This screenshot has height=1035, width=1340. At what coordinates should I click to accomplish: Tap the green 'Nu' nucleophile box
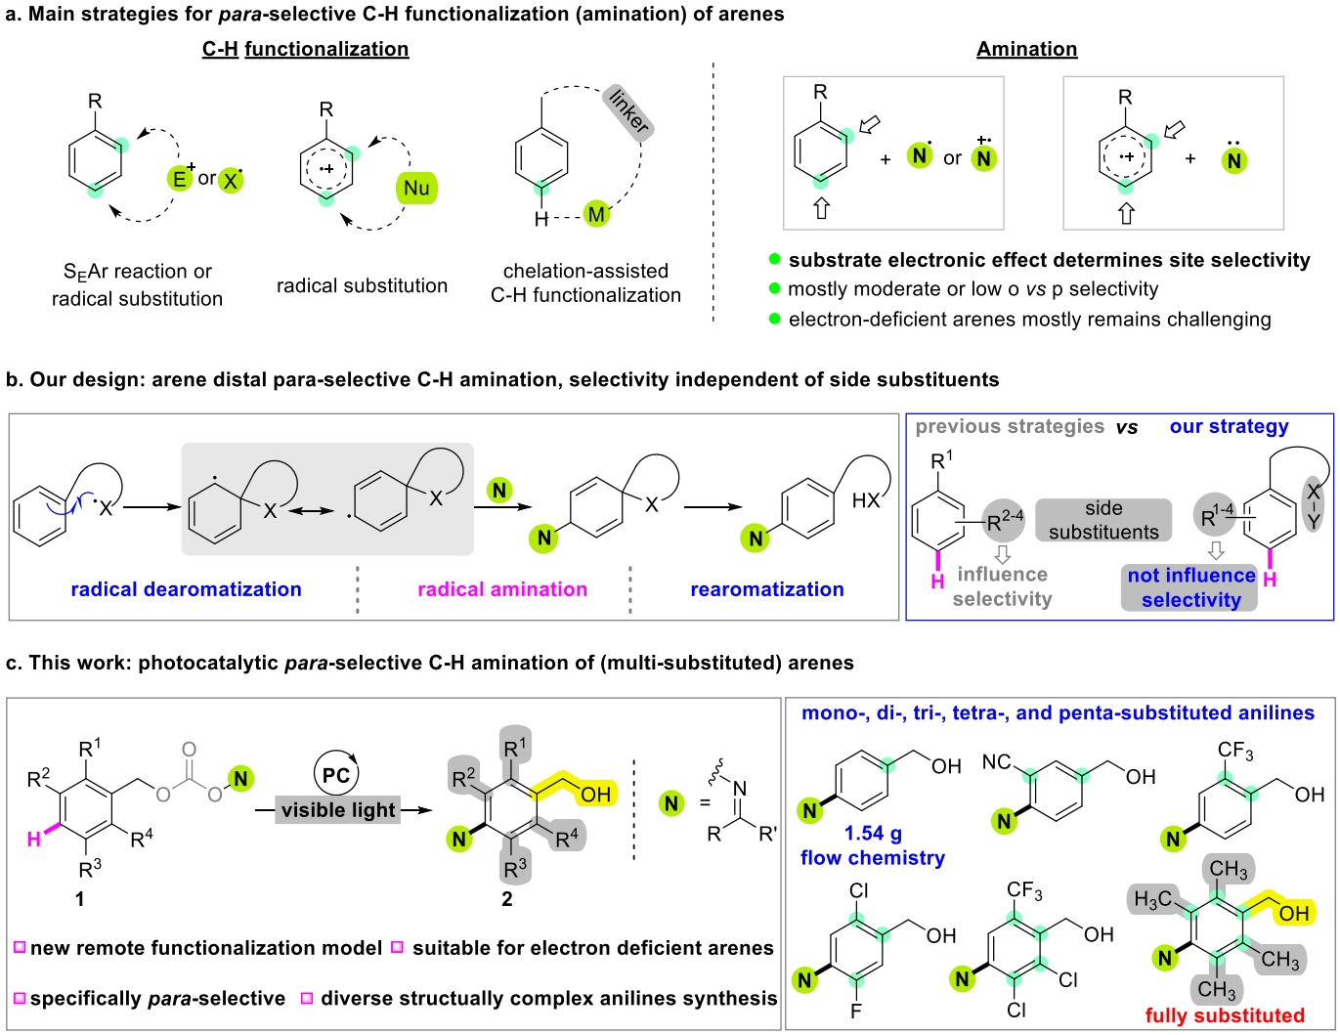click(x=416, y=189)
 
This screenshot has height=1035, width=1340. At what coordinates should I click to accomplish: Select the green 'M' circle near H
click(x=596, y=214)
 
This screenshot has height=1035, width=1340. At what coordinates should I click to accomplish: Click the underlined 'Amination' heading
click(x=1026, y=49)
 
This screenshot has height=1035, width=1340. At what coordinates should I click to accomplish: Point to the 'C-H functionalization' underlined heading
click(x=305, y=49)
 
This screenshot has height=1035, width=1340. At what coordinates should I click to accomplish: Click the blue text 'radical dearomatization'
click(x=186, y=589)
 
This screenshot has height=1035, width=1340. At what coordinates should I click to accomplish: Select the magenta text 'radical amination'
click(x=502, y=589)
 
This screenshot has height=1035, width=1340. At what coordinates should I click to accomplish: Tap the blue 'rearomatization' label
click(x=767, y=589)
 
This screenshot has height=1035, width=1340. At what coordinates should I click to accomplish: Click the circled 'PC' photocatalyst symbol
click(x=336, y=775)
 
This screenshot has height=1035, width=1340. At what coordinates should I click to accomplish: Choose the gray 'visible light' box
click(x=338, y=809)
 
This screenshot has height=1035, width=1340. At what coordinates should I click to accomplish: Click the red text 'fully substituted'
click(x=1225, y=1015)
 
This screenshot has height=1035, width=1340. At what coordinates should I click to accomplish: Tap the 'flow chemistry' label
click(x=873, y=858)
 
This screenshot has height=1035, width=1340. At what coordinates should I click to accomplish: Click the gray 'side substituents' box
click(x=1103, y=520)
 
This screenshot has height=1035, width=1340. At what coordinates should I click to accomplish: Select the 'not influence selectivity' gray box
click(x=1190, y=587)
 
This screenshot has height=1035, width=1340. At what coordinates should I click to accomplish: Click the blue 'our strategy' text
click(x=1229, y=426)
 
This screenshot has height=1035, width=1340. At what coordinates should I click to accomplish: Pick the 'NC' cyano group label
click(x=997, y=760)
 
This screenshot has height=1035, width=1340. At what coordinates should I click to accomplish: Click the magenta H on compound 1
click(x=33, y=838)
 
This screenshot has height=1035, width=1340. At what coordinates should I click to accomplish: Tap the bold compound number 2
click(x=506, y=899)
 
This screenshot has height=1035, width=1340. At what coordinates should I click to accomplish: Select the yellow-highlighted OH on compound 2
click(x=595, y=794)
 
